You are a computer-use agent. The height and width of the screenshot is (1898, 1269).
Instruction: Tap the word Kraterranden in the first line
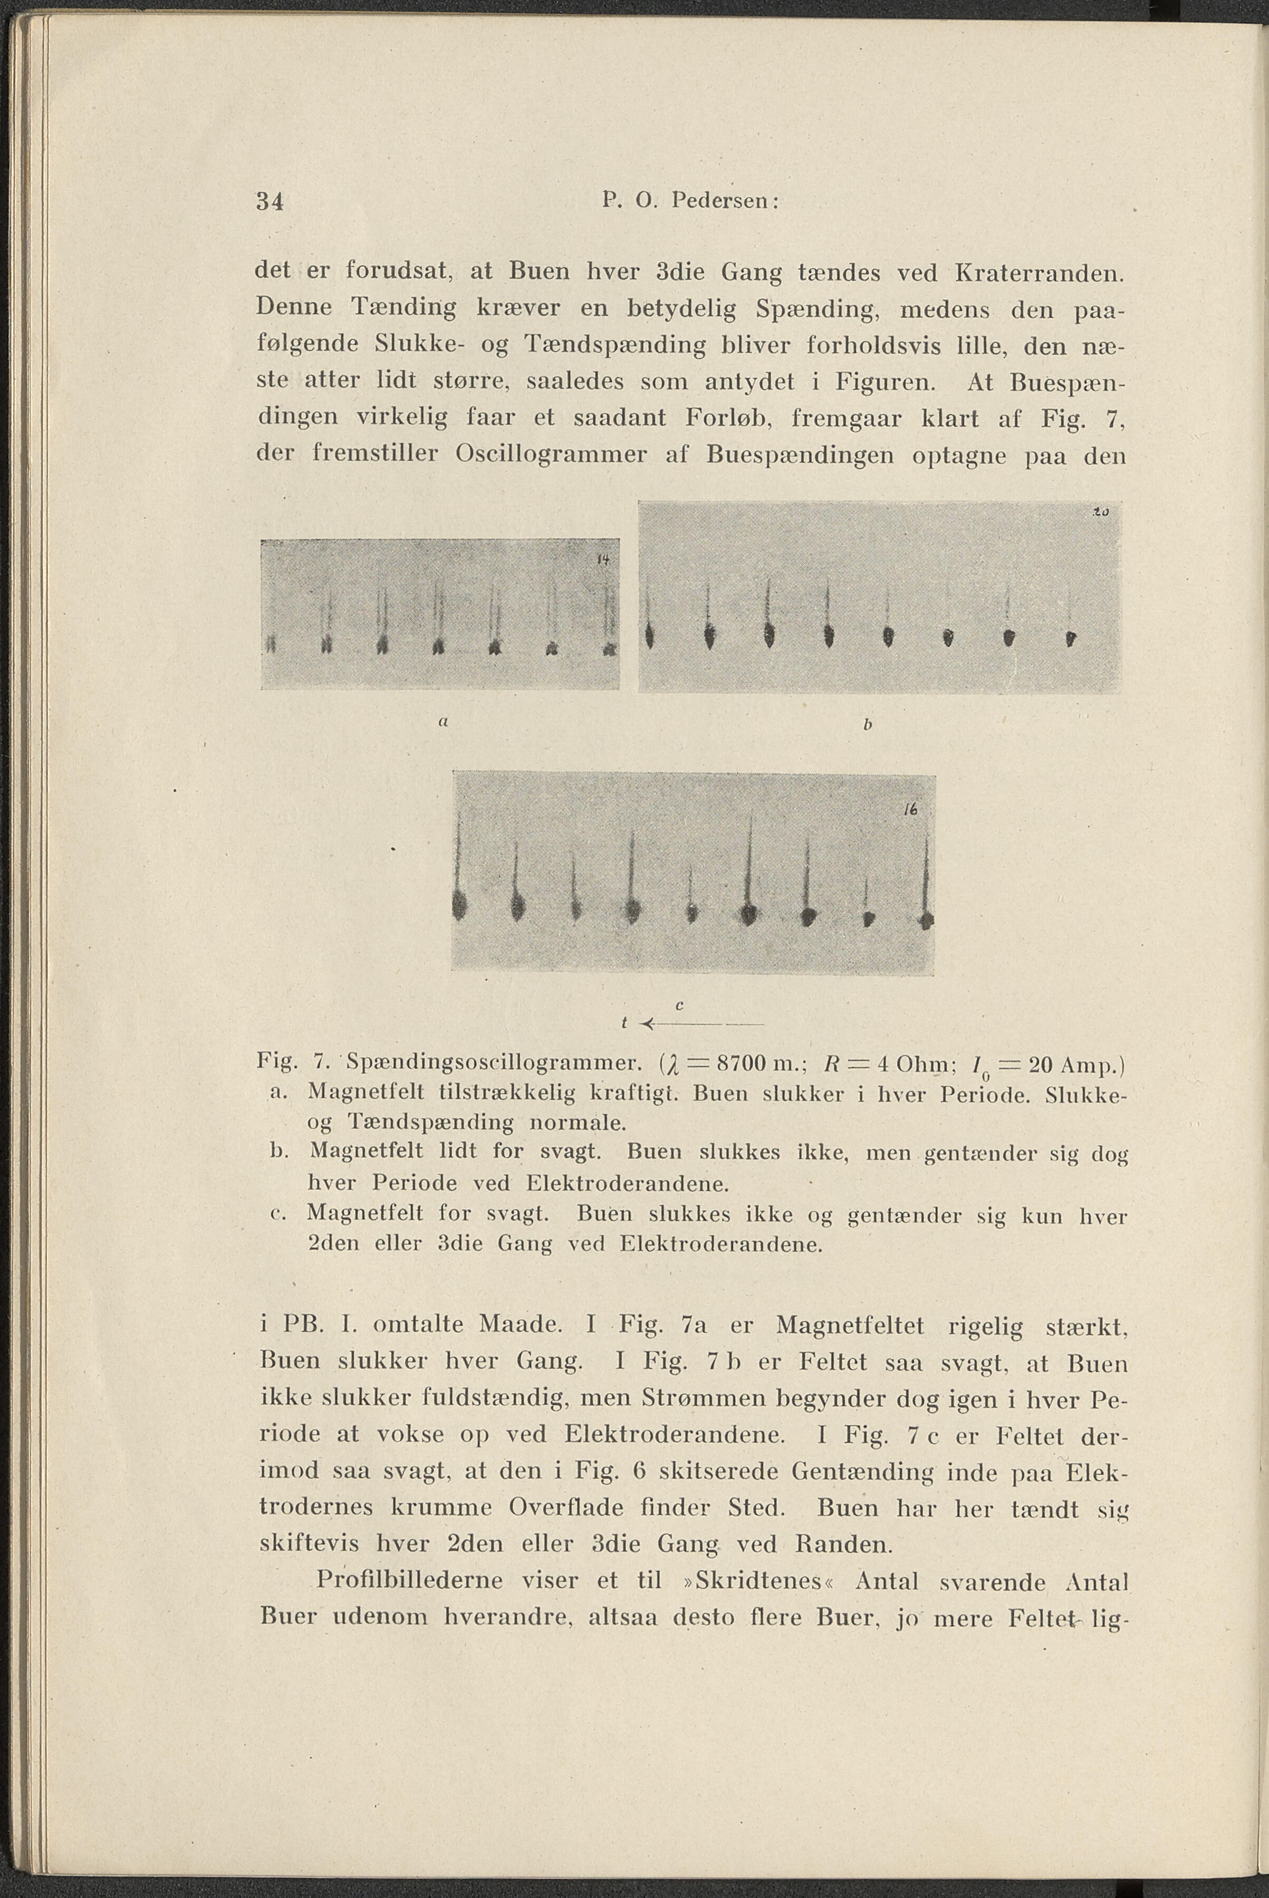(x=1039, y=273)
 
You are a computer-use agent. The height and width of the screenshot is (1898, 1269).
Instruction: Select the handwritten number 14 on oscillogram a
(x=602, y=559)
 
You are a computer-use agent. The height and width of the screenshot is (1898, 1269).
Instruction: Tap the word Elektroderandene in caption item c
(x=720, y=1243)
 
